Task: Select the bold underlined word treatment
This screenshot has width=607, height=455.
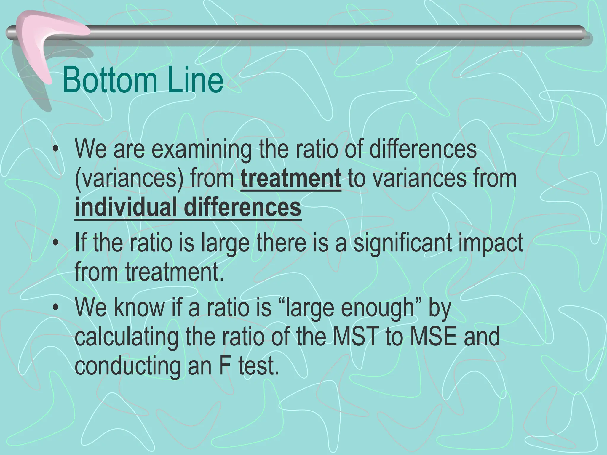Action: point(291,179)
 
